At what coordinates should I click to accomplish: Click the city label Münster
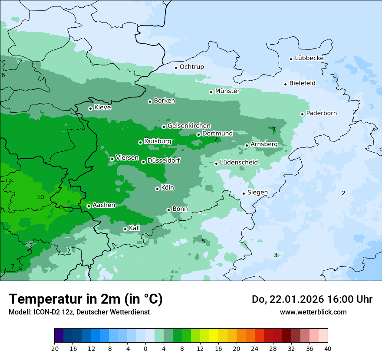pos(227,91)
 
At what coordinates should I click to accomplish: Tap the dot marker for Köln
pos(157,189)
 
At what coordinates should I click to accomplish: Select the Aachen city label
pos(104,205)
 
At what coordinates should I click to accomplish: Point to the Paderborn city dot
pos(302,114)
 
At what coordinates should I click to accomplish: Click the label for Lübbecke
pos(309,58)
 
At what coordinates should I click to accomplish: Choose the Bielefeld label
pos(302,83)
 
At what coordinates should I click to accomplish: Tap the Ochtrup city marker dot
pos(176,68)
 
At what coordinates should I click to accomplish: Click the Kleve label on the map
pos(102,108)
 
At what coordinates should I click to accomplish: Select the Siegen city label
pos(257,193)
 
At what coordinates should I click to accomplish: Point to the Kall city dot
pos(125,229)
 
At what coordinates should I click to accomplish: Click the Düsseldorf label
pos(163,160)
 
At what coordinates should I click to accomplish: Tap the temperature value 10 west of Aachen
pos(40,197)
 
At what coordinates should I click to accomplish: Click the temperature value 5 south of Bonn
pos(203,241)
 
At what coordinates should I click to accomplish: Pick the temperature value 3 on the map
pos(276,255)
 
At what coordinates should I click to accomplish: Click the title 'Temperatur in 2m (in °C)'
pos(86,299)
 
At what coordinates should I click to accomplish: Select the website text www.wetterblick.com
pos(313,312)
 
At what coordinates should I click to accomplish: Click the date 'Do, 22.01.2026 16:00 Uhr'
pos(312,299)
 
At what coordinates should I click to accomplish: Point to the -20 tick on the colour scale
pos(54,348)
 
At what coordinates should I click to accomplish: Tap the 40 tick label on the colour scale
pos(327,348)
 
